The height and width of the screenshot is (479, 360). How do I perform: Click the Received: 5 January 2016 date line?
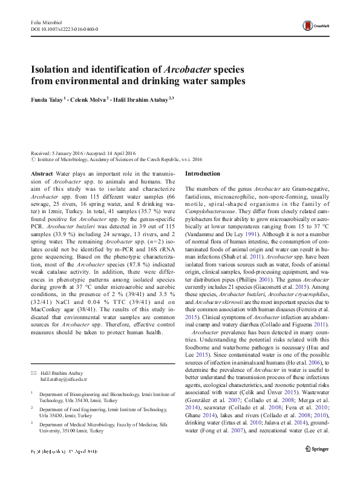(58, 154)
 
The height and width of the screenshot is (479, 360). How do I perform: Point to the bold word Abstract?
(41, 173)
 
